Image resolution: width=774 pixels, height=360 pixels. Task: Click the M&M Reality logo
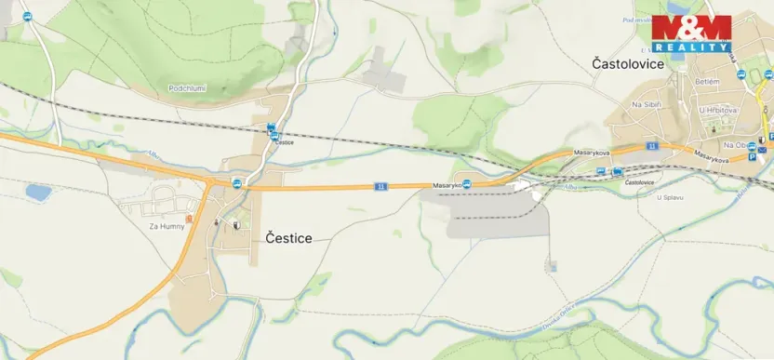click(690, 33)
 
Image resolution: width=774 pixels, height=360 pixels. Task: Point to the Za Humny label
click(167, 225)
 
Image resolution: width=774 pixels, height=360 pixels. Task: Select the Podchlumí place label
click(186, 88)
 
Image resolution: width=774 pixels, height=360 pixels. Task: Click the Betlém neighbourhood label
click(707, 82)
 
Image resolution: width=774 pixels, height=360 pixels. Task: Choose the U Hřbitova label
click(717, 110)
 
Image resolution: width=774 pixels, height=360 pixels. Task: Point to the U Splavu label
click(670, 197)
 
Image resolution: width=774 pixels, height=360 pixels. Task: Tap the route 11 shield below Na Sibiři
click(653, 146)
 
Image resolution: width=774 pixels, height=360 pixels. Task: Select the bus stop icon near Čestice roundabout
click(237, 183)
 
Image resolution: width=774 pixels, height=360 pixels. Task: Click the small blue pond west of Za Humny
click(38, 193)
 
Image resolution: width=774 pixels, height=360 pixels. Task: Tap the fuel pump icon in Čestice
click(237, 224)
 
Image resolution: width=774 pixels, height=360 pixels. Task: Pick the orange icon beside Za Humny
click(189, 220)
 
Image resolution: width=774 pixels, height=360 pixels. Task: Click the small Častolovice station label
click(638, 182)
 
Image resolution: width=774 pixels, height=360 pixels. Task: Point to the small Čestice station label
click(284, 142)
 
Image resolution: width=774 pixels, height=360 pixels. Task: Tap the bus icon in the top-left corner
click(27, 17)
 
